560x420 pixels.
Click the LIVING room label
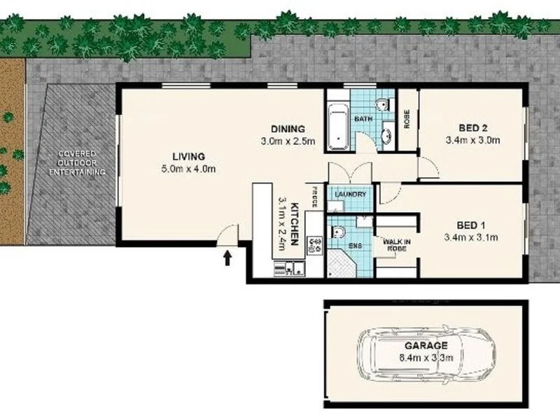[x=189, y=156]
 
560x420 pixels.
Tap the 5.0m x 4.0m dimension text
[x=189, y=169]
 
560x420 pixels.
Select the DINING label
[x=288, y=129]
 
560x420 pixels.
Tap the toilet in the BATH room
[x=381, y=106]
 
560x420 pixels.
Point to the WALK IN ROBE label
[x=396, y=244]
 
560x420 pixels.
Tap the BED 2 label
[x=472, y=128]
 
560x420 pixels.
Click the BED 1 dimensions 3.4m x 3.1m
[x=471, y=237]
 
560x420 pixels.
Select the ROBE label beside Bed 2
[x=407, y=118]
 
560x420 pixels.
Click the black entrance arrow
[x=227, y=259]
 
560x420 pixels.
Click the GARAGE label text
[x=425, y=346]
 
